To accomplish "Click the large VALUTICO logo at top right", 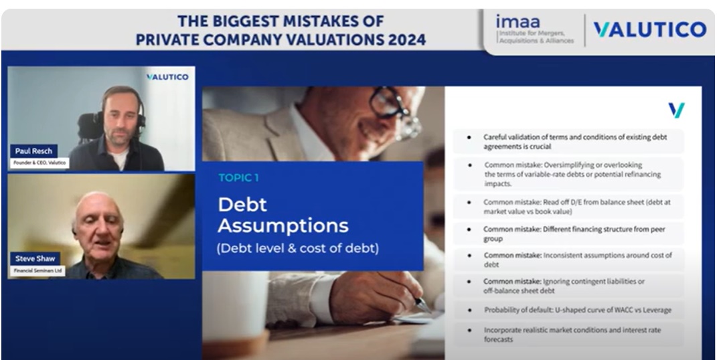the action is (650, 29).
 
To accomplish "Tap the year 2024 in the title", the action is (407, 39).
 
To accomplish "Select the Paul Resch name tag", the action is (34, 151).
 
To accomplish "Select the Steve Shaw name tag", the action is (35, 258).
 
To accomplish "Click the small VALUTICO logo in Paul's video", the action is (167, 77).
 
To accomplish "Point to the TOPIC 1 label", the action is (238, 178).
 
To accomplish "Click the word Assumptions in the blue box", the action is (283, 226).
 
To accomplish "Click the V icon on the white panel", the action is (676, 110).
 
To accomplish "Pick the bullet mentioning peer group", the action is (568, 234).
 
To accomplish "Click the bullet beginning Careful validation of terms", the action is (568, 142).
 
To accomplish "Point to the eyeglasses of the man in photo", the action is (394, 110).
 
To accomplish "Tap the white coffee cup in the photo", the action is (236, 306).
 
